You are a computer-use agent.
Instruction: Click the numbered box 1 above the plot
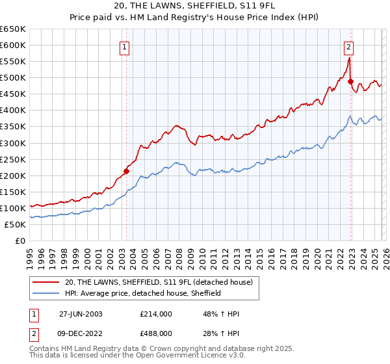click(123, 46)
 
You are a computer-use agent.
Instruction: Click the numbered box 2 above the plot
click(349, 46)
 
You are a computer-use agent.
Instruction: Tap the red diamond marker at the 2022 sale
click(350, 82)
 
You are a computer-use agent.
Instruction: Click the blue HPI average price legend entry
click(143, 293)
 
